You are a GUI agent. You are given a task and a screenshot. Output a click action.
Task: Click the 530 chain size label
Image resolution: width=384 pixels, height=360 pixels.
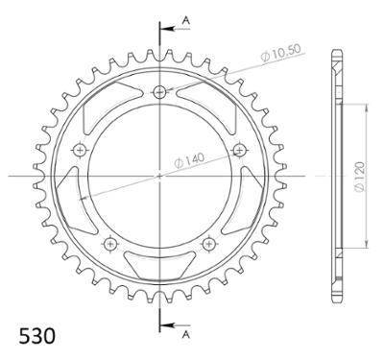(x=36, y=336)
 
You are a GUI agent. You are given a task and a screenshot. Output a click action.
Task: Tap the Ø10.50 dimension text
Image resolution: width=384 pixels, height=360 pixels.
(x=281, y=53)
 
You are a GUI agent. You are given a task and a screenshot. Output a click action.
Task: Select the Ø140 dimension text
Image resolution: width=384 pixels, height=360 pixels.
(x=189, y=160)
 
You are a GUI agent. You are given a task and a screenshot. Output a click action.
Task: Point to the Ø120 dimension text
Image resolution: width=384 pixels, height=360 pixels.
(x=360, y=177)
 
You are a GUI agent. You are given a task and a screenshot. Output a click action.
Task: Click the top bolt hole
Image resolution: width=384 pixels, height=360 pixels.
(x=159, y=92)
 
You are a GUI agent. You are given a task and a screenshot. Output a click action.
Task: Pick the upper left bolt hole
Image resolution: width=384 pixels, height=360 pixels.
(x=80, y=150)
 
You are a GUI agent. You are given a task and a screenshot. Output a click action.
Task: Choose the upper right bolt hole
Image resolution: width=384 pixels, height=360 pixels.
(x=240, y=150)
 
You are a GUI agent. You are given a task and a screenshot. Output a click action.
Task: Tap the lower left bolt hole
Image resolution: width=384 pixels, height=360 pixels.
(x=110, y=245)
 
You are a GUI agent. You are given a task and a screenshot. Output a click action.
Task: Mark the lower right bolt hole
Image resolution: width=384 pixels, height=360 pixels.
(x=209, y=245)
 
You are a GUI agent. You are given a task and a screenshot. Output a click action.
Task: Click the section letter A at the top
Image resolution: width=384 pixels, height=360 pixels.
(x=186, y=20)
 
